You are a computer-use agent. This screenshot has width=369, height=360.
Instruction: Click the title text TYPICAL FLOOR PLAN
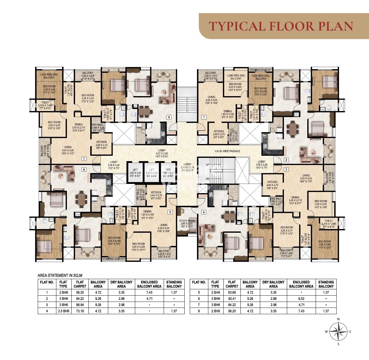coord(281,26)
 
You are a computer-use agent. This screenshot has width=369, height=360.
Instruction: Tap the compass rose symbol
coord(338,332)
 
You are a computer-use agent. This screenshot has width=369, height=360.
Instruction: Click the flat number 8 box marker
coord(169,117)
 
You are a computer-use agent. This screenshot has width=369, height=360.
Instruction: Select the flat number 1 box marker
coord(204,117)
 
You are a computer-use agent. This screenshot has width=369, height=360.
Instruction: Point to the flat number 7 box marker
coord(84,158)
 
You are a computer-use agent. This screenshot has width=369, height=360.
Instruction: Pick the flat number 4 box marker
coord(204,212)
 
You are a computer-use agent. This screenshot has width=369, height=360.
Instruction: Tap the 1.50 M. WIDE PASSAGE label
coord(227,151)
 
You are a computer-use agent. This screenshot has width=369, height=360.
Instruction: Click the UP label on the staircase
coord(207,165)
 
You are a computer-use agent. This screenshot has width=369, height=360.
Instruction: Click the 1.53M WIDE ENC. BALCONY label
coord(49,76)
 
